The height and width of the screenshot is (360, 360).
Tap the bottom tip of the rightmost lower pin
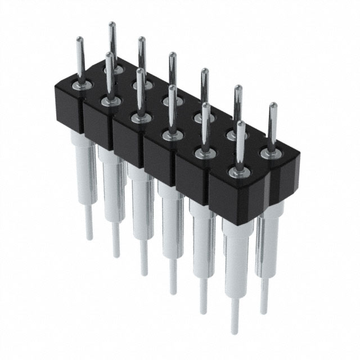[x=263, y=312]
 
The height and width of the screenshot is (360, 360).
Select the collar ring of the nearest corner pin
[x=238, y=172]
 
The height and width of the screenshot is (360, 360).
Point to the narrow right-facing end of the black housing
[x=284, y=180]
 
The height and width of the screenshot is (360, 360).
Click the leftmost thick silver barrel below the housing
[x=85, y=169]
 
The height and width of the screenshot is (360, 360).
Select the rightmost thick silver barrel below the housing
[x=267, y=242]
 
